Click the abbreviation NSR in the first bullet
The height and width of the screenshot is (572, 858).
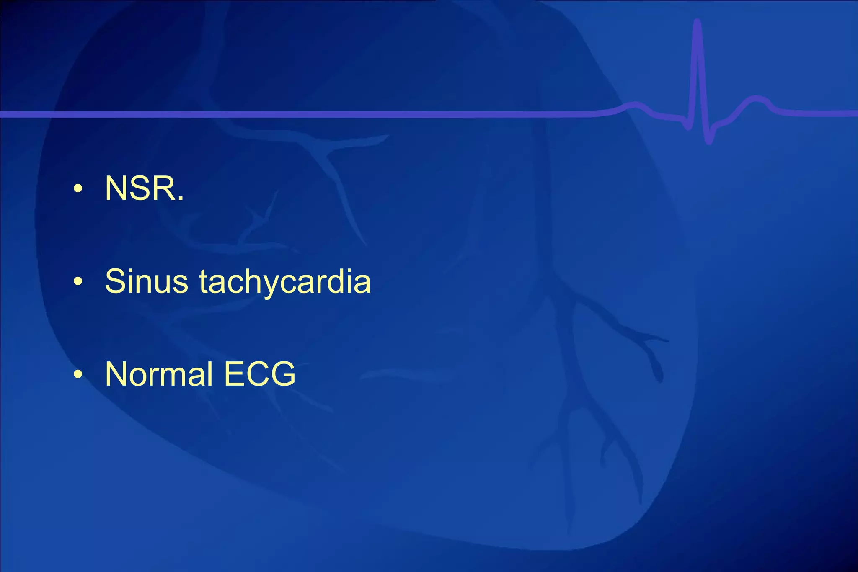[x=141, y=188]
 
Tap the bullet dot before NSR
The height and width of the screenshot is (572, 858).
[x=78, y=189]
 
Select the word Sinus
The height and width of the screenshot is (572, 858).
[x=146, y=281]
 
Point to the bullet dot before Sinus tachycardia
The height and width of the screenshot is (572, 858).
[x=78, y=282]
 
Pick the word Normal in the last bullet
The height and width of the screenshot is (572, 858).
[x=159, y=374]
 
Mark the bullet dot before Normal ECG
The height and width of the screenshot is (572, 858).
[x=78, y=374]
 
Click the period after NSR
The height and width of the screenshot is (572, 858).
[x=181, y=200]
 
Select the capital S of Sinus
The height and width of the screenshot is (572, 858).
[x=115, y=281]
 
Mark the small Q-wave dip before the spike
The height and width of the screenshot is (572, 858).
[x=687, y=126]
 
